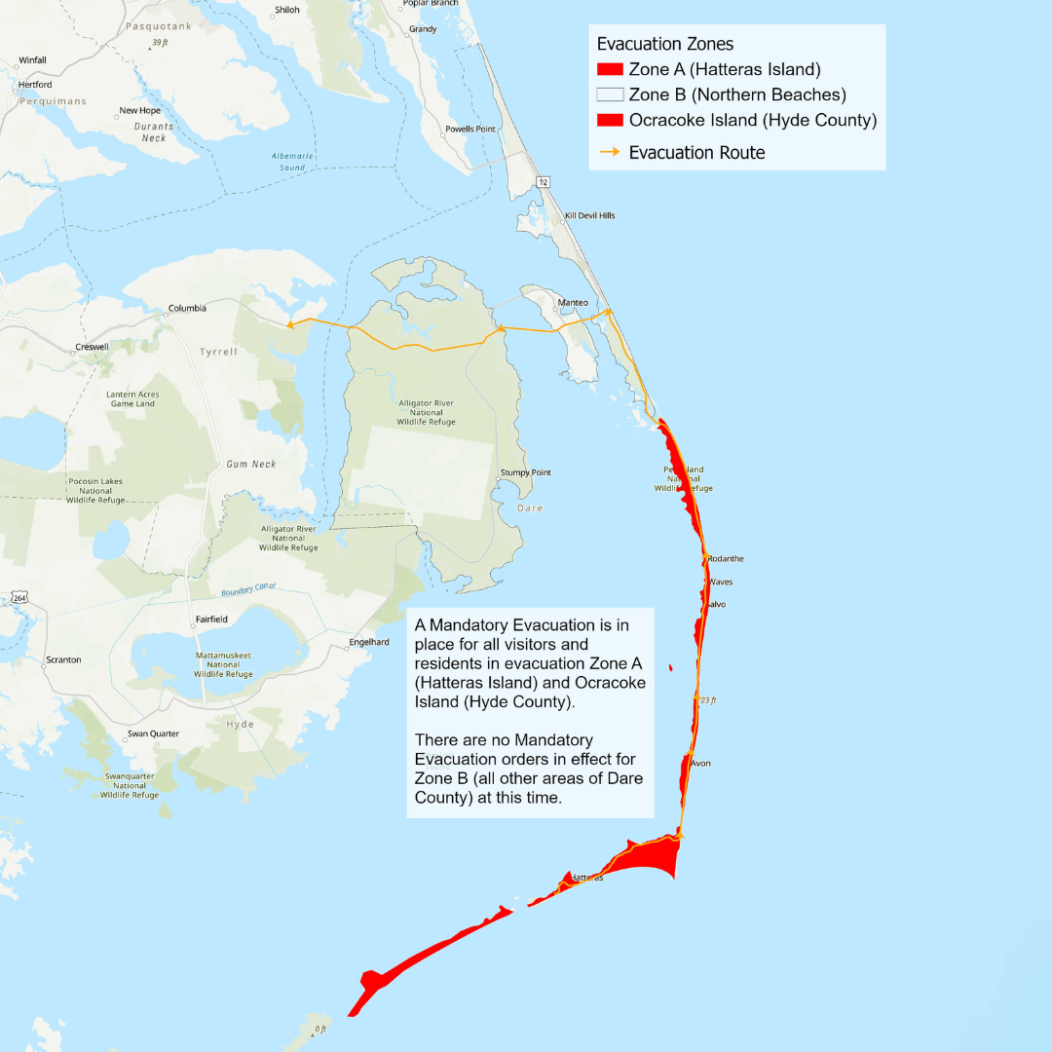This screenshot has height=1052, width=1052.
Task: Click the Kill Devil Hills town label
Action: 589,215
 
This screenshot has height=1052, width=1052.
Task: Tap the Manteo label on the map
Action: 573,303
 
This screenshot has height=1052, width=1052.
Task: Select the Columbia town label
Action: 187,309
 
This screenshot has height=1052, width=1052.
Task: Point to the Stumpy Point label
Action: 526,473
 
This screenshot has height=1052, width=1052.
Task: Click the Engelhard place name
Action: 369,643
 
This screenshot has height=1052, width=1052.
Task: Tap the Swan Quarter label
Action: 153,733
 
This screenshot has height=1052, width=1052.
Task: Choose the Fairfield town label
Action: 210,620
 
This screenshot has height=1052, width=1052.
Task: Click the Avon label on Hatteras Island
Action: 700,764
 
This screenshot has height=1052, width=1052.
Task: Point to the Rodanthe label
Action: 726,559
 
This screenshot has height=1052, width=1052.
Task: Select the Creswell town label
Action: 92,347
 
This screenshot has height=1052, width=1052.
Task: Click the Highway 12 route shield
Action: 543,182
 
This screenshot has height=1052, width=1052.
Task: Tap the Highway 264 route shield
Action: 19,597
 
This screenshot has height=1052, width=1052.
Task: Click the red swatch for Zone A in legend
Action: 610,69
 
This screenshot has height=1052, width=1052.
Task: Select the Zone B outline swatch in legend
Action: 610,94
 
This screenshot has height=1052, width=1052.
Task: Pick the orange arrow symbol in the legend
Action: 610,153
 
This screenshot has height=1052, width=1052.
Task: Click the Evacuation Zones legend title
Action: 665,44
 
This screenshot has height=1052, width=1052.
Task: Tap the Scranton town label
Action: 63,660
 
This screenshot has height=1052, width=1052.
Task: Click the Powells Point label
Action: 470,130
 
